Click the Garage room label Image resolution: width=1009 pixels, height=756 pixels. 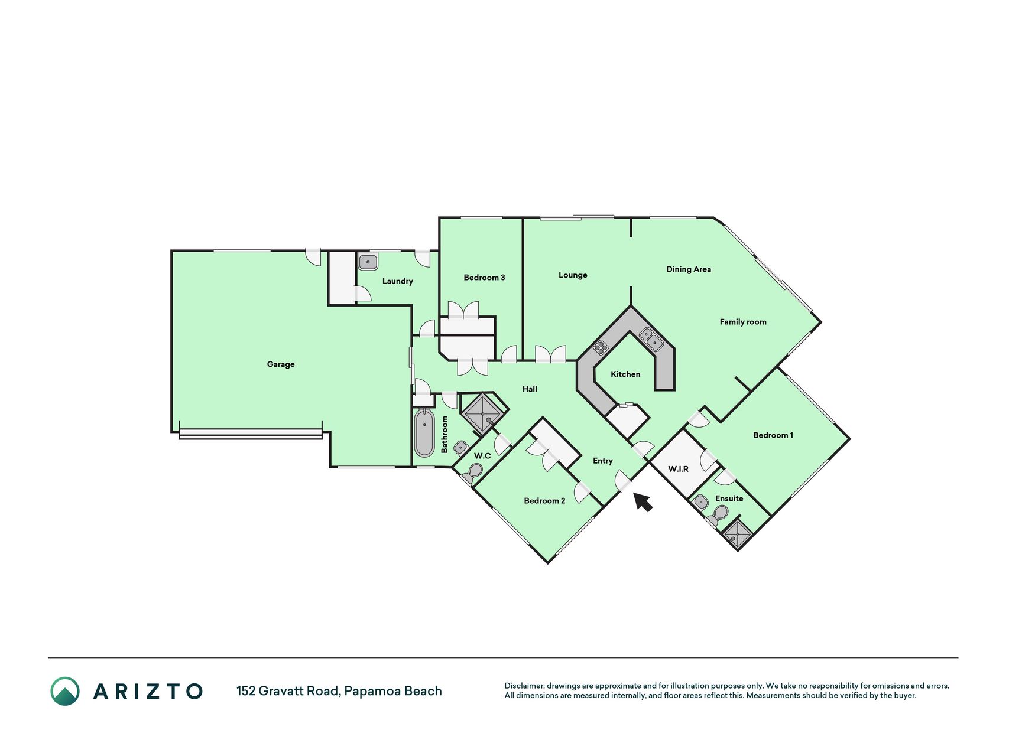(x=281, y=364)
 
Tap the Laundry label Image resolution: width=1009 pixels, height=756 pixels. (x=397, y=281)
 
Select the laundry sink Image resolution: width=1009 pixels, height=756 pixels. (x=368, y=261)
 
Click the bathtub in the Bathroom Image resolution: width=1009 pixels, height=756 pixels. (x=424, y=434)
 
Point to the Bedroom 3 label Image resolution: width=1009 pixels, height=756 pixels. (x=484, y=278)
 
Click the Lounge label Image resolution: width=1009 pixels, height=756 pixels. (x=573, y=275)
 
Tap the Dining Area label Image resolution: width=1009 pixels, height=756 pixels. (x=689, y=269)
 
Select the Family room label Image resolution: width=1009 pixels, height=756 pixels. (x=743, y=322)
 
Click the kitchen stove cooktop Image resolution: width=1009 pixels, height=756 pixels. (x=601, y=347)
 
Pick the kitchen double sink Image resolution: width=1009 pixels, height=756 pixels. (x=651, y=339)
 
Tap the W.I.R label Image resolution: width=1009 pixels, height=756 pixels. (x=678, y=469)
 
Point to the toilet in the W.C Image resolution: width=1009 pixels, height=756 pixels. (x=473, y=473)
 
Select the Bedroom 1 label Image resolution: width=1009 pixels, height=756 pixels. (x=773, y=435)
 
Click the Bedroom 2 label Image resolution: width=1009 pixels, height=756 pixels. (x=544, y=501)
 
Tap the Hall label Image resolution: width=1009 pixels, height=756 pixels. (x=530, y=389)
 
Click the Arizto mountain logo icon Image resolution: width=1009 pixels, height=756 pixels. (x=65, y=691)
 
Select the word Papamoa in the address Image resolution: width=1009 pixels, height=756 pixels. (x=370, y=691)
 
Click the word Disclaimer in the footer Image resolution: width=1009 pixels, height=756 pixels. (x=524, y=686)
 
